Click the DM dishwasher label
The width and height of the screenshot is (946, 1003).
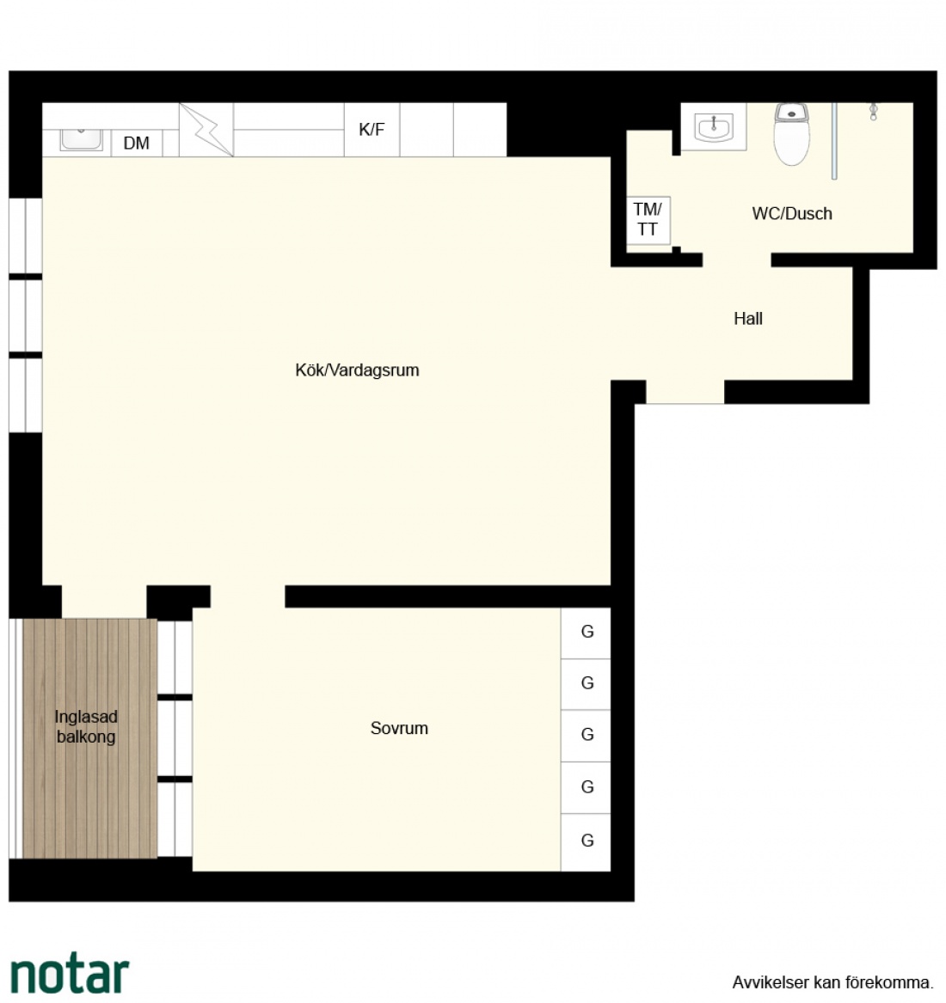(x=137, y=143)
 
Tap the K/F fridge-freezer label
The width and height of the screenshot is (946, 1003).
(x=372, y=129)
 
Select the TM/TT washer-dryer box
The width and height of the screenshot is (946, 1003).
(x=648, y=220)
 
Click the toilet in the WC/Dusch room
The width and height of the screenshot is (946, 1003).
(x=792, y=134)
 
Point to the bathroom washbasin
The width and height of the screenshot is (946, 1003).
(x=713, y=126)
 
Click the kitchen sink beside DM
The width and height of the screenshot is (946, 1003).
(x=82, y=139)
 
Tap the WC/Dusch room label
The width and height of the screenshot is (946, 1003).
(x=792, y=214)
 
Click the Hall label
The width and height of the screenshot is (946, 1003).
(x=747, y=319)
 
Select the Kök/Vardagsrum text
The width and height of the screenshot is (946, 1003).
(x=357, y=370)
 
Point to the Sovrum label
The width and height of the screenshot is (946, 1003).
(x=399, y=728)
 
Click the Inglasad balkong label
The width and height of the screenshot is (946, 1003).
(x=86, y=726)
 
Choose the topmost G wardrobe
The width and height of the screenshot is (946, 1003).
(x=586, y=633)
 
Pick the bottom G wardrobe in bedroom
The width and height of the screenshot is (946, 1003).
(x=586, y=841)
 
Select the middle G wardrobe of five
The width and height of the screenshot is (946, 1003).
(x=586, y=736)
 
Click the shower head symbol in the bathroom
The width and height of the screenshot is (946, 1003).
(x=873, y=112)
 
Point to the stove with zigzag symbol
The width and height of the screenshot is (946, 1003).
(x=206, y=130)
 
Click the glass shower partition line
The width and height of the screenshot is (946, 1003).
(x=834, y=141)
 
